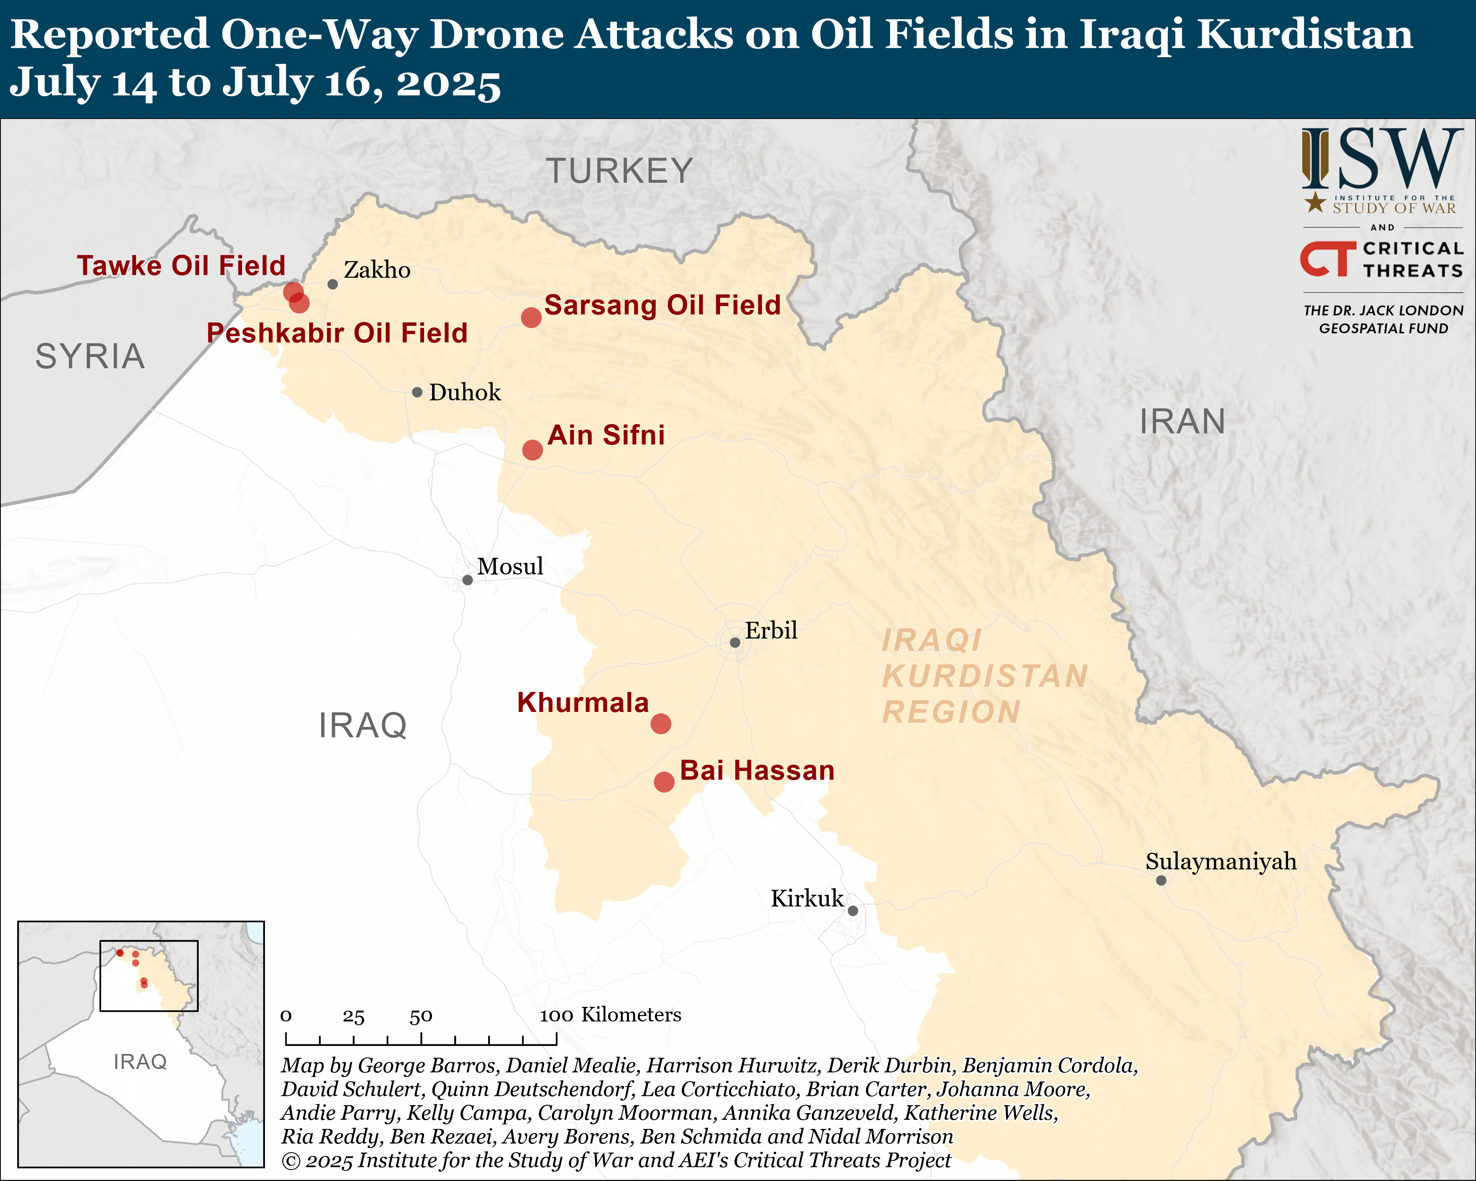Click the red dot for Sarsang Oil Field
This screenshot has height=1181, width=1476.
pyautogui.click(x=531, y=317)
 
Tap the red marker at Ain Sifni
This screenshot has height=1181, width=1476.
pyautogui.click(x=533, y=450)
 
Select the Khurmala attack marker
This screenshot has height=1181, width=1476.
pyautogui.click(x=661, y=724)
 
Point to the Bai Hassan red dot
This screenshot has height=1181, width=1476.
pyautogui.click(x=664, y=782)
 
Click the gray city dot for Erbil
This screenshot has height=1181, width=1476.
pyautogui.click(x=734, y=643)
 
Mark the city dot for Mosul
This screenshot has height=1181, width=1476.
pyautogui.click(x=467, y=580)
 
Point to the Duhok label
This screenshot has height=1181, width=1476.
pyautogui.click(x=465, y=392)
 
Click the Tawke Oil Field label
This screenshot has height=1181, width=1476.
pyautogui.click(x=181, y=266)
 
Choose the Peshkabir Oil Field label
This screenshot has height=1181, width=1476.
pyautogui.click(x=337, y=333)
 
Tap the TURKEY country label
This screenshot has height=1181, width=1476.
pyautogui.click(x=619, y=170)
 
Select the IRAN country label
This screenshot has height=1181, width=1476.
pyautogui.click(x=1182, y=421)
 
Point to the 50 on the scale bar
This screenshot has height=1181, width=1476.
pyautogui.click(x=421, y=1016)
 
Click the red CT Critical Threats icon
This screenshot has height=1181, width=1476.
pyautogui.click(x=1327, y=259)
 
